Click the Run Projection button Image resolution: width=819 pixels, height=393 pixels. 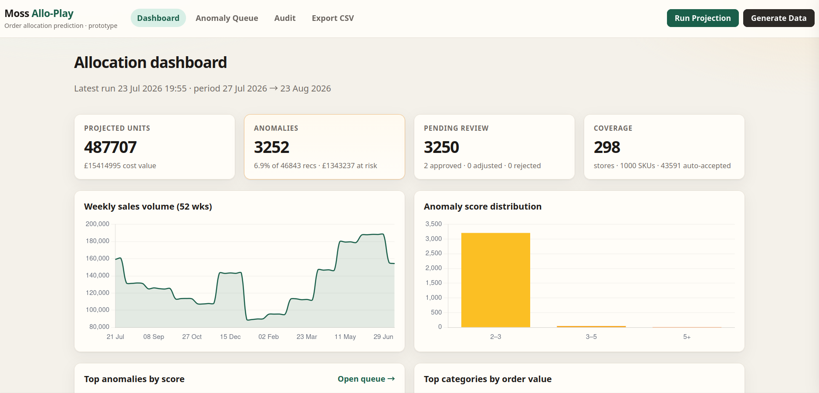[703, 18]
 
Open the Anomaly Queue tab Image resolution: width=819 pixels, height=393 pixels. [227, 18]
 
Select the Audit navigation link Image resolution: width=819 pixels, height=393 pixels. [285, 18]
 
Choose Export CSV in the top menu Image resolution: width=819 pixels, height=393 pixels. [333, 18]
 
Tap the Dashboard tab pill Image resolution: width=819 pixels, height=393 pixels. [158, 18]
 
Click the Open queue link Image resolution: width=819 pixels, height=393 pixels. [366, 379]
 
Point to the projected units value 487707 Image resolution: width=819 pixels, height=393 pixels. [110, 147]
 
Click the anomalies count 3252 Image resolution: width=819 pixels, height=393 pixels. [271, 147]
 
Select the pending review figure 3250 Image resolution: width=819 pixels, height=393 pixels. [441, 147]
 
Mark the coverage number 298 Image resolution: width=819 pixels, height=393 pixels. [607, 147]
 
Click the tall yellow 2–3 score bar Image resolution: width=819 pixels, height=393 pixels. [496, 280]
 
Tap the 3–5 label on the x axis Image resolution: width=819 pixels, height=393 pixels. [591, 337]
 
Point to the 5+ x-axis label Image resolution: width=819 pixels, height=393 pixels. [687, 337]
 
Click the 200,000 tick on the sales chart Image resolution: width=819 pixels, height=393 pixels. [98, 224]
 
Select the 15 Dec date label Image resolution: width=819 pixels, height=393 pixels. [230, 337]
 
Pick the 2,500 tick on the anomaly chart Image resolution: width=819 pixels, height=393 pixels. [433, 253]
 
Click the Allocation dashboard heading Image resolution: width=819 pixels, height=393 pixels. [150, 63]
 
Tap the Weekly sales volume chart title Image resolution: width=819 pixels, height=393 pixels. [148, 207]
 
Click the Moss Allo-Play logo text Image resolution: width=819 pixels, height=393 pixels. [39, 14]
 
